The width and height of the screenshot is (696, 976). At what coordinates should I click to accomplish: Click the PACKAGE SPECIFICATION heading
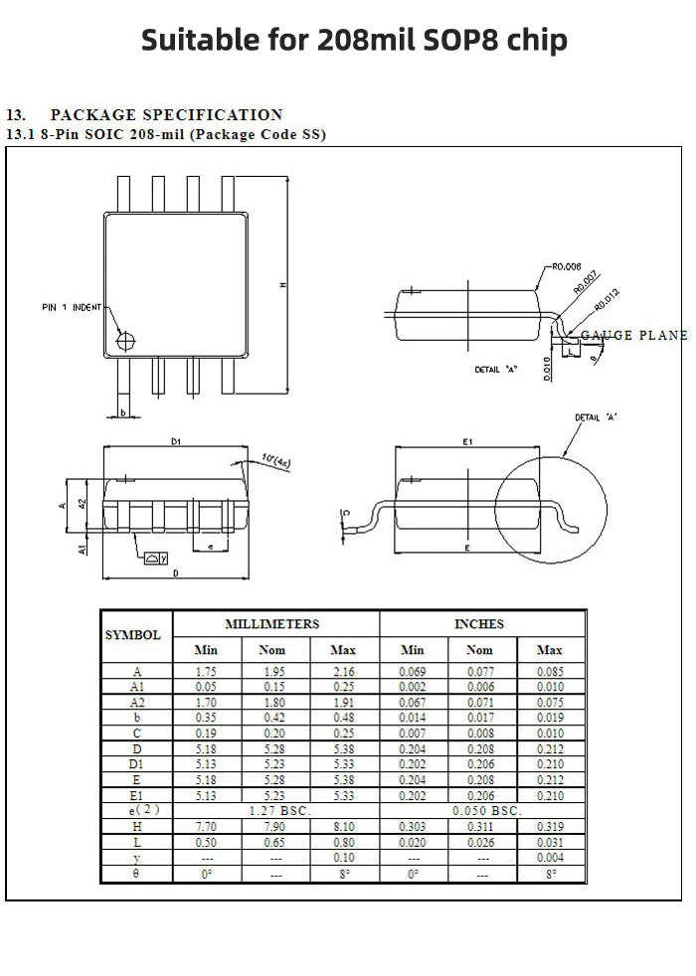click(x=166, y=115)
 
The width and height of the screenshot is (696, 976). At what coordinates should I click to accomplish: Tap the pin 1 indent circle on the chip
click(x=125, y=341)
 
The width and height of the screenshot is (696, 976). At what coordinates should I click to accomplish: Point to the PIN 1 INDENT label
click(x=72, y=308)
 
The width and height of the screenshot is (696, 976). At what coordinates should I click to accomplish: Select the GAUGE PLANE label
click(x=633, y=336)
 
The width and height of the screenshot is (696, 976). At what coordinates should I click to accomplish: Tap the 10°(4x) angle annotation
click(x=274, y=459)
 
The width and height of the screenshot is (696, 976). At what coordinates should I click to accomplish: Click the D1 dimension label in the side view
click(x=176, y=440)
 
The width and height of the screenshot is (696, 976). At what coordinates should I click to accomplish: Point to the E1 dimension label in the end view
click(x=467, y=440)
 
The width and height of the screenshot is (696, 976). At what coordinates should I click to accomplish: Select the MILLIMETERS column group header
click(x=272, y=624)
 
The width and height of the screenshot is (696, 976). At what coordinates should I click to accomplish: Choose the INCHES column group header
click(x=479, y=624)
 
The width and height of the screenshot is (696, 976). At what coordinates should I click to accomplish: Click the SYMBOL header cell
click(x=133, y=635)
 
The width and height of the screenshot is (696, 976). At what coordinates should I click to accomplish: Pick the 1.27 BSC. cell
click(x=272, y=811)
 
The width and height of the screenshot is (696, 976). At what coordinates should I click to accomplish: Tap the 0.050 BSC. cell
click(x=480, y=811)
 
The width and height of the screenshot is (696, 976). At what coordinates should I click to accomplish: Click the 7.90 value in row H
click(x=272, y=826)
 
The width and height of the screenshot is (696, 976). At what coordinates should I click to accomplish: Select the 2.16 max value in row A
click(x=343, y=672)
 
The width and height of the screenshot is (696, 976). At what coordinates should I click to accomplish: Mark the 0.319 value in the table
click(x=549, y=826)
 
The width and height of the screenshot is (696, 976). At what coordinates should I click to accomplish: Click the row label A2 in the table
click(x=137, y=702)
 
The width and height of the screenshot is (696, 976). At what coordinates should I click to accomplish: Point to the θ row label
click(x=137, y=873)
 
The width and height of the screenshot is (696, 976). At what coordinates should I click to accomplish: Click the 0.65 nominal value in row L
click(x=272, y=842)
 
